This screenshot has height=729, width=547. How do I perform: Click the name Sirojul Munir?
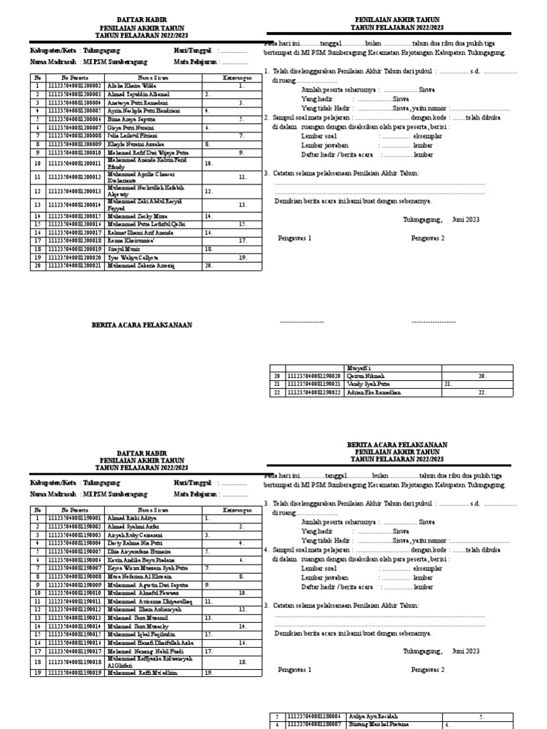click(123, 249)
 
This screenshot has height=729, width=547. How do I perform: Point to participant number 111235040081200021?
click(75, 266)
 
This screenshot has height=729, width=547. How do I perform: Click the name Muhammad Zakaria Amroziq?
click(140, 266)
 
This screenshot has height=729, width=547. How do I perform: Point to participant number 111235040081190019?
click(75, 672)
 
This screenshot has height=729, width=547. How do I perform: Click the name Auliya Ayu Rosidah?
click(372, 716)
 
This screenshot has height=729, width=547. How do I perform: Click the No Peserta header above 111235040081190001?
click(75, 510)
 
